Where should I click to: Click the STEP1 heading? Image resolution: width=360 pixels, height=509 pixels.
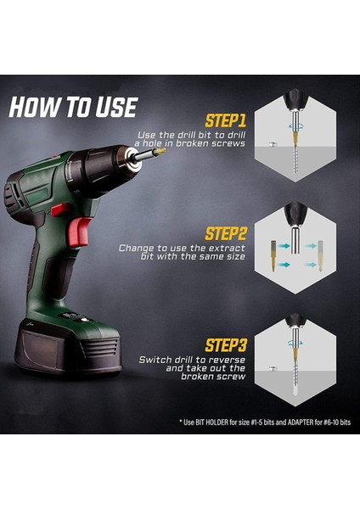pos(226,120)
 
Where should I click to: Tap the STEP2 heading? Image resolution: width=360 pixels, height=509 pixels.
pos(226,233)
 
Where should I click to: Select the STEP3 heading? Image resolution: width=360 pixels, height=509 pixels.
pos(226,345)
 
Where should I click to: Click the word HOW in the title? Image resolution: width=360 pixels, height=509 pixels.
pos(36,107)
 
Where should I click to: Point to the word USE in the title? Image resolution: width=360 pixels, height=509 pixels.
pos(116,107)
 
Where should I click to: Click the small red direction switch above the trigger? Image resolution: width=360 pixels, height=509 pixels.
pos(61,210)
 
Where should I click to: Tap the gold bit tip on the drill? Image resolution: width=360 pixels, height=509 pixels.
pos(161,151)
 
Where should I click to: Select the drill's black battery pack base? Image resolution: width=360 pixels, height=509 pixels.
pos(68,347)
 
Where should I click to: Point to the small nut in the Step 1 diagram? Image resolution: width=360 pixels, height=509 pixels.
pos(273,144)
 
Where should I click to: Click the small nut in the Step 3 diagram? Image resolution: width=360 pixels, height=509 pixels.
pos(273,368)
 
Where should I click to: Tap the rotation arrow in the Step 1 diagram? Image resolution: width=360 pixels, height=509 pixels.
pos(295,126)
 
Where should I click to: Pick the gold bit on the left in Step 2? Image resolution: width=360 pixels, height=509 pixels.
pos(273,255)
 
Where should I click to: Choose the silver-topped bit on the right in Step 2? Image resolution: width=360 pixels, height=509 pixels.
pos(320,255)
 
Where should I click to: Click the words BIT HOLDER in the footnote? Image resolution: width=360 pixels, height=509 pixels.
pos(212,422)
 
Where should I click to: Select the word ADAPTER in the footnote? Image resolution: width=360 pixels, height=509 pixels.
pos(301,422)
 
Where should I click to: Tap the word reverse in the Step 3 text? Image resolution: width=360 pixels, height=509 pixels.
pos(227,360)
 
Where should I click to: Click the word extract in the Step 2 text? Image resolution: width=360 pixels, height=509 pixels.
pos(227,249)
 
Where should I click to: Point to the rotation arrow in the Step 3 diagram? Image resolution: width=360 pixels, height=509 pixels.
pos(295,343)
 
